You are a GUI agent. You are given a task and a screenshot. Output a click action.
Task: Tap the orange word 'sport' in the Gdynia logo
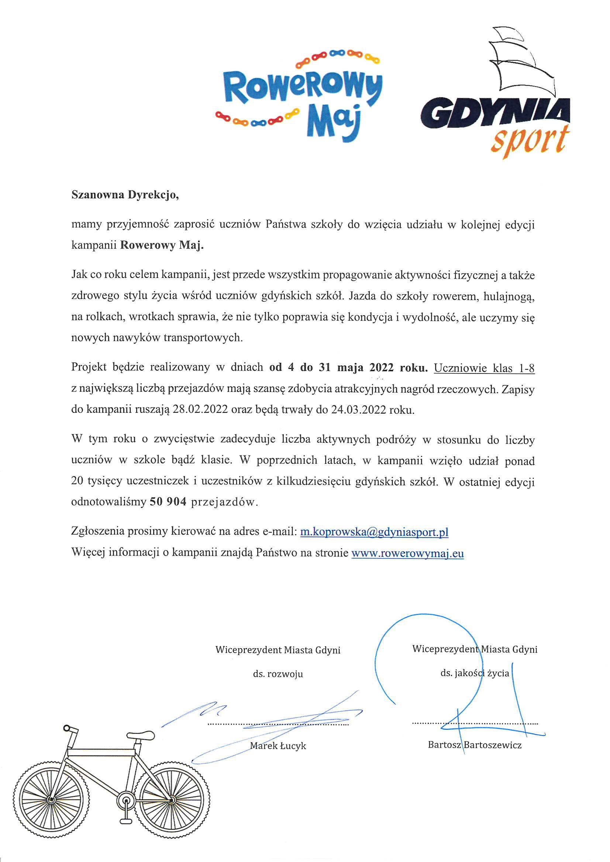coord(530,141)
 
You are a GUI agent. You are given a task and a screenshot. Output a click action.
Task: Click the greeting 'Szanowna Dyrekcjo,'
coord(125,195)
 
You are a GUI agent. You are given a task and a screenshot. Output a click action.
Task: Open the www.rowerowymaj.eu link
coord(407,553)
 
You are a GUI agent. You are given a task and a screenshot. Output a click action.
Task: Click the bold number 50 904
coord(168,502)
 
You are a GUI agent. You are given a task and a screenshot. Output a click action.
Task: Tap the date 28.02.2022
coord(200,410)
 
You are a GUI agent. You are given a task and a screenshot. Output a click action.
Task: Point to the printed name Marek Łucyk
coord(278,745)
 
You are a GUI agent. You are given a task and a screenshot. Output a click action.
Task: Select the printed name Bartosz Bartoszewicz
coord(475,745)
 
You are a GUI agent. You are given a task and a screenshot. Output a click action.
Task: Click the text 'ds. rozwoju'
coord(278,674)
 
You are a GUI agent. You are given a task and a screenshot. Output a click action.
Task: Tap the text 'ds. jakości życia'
coord(475,673)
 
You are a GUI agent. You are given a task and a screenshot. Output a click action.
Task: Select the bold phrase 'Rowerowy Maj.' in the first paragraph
coord(162,246)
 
